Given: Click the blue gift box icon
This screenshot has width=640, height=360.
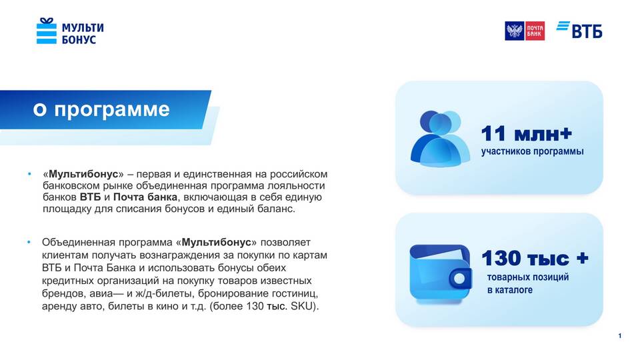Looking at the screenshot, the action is click(47, 31).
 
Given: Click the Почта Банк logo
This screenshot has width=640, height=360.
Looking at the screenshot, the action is click(525, 31).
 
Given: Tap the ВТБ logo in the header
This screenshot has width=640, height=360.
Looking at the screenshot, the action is click(579, 30).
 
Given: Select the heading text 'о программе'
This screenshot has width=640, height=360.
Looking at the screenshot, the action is click(101, 109).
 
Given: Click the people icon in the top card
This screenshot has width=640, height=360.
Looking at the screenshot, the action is click(440, 139).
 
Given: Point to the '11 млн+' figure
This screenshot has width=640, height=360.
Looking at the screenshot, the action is click(527, 133).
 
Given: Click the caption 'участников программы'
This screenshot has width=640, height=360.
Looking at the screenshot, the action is click(532, 151).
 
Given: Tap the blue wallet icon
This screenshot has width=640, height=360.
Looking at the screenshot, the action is click(441, 273).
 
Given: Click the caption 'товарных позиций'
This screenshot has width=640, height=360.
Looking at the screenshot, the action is click(528, 277).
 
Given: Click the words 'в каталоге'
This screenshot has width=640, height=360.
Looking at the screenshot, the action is click(510, 290).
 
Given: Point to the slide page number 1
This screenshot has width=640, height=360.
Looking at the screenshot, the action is click(619, 336).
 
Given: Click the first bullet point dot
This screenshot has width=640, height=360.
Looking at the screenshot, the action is click(29, 174).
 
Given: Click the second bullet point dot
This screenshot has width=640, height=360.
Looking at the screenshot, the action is click(29, 243).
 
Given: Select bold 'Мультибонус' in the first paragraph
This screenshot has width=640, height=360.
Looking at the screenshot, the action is click(83, 174).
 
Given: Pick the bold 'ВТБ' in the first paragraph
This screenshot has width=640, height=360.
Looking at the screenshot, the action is click(90, 197).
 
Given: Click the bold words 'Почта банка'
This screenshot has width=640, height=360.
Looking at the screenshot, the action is click(145, 197).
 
